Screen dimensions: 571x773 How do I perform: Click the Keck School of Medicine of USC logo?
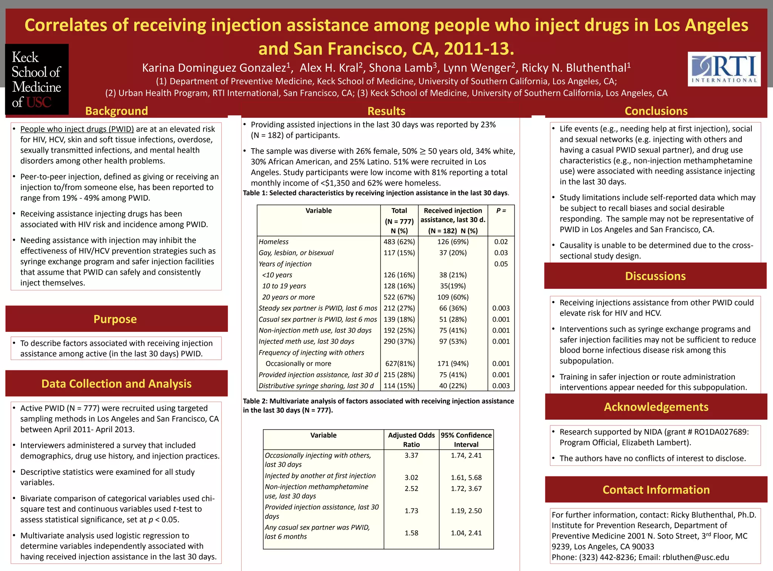click(x=37, y=79)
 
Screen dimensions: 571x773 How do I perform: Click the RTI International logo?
click(x=724, y=69)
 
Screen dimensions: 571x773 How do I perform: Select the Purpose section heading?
click(x=115, y=319)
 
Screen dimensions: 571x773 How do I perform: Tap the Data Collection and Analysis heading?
click(x=116, y=384)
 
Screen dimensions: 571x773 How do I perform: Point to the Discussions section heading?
click(x=655, y=276)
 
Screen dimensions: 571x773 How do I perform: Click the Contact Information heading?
click(x=656, y=490)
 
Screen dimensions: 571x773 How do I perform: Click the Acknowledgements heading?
click(x=656, y=407)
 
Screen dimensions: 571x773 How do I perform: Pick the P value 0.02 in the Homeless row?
click(x=501, y=242)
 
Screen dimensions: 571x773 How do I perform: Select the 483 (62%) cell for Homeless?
click(x=399, y=242)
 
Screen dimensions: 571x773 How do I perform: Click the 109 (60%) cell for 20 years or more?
click(x=453, y=297)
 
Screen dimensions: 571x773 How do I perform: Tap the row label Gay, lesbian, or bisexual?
click(x=296, y=253)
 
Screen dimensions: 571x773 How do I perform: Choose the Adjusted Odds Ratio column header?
click(x=411, y=440)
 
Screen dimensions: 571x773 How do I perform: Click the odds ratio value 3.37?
click(x=411, y=455)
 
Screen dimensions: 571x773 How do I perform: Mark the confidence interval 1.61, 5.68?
click(x=466, y=477)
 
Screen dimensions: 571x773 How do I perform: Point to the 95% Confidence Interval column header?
click(x=466, y=440)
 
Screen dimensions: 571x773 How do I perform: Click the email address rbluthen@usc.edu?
click(x=696, y=557)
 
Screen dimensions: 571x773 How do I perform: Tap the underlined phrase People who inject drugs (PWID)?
click(x=77, y=129)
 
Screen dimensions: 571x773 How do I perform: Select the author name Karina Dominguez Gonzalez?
click(x=214, y=68)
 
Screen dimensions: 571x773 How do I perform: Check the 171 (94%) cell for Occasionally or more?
click(x=453, y=364)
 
